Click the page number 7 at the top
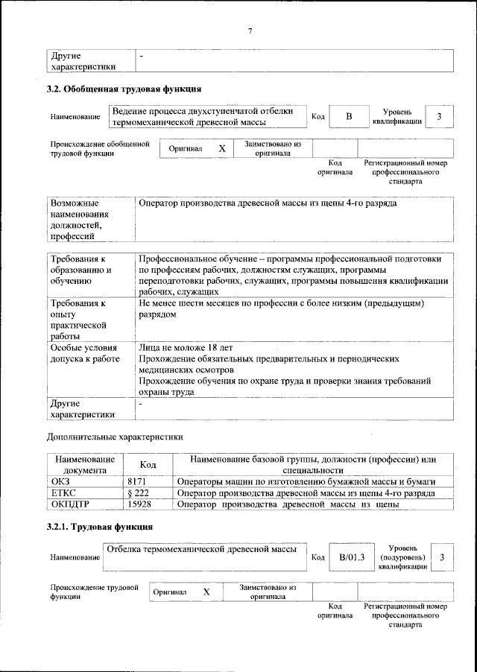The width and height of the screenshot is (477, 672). click(x=250, y=31)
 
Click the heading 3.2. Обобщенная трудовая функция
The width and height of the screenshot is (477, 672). click(x=124, y=90)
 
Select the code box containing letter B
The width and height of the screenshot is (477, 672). click(x=348, y=117)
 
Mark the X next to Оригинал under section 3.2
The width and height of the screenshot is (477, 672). click(x=221, y=148)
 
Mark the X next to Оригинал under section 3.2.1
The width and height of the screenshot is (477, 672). click(x=206, y=592)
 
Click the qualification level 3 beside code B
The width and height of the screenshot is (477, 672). click(x=439, y=117)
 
